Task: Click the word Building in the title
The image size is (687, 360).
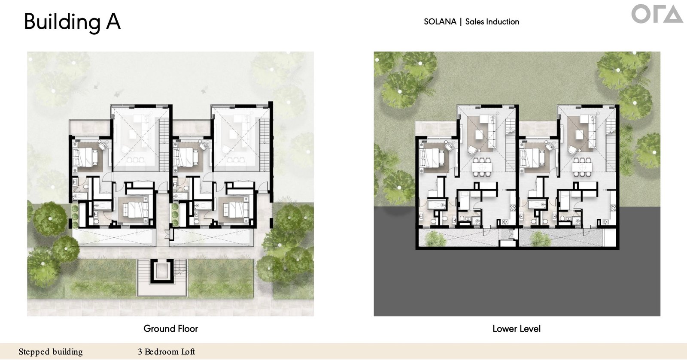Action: [62, 22]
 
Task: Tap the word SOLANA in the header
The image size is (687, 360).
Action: [440, 22]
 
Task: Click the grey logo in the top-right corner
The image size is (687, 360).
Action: [657, 14]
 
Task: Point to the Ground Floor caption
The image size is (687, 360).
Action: [170, 329]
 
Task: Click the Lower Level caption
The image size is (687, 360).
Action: [517, 329]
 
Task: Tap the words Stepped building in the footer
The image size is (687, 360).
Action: [51, 352]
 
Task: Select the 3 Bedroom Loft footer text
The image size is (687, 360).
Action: [167, 352]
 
